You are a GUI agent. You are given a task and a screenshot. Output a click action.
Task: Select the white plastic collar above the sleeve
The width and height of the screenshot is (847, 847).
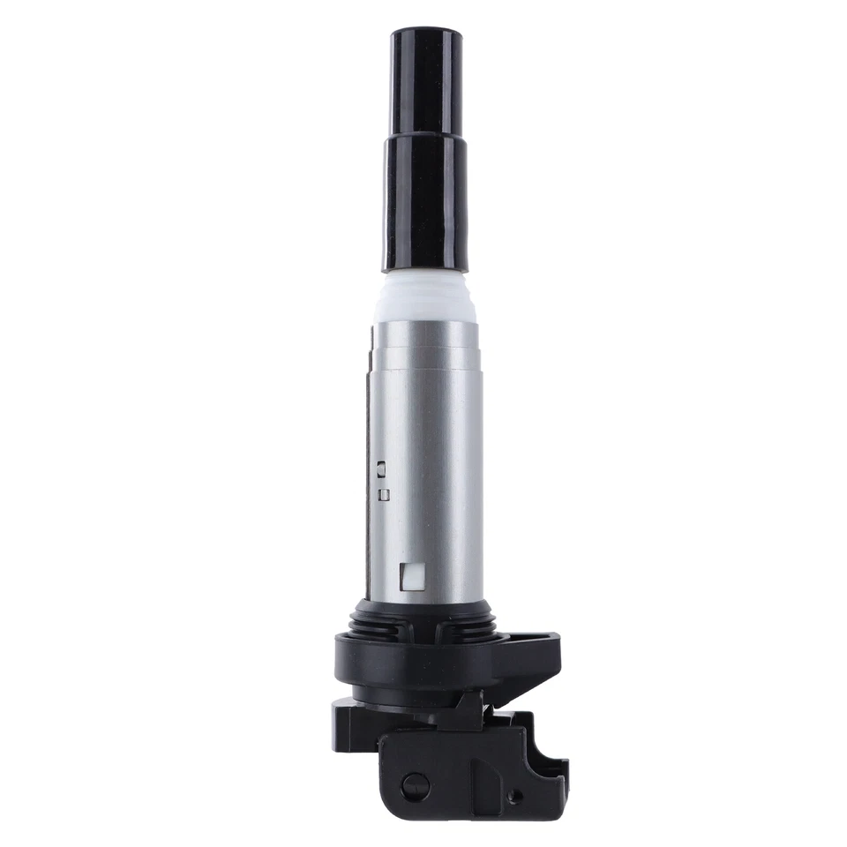[x=425, y=298]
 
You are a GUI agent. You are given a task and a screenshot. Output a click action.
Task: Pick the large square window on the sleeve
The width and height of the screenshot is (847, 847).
[x=411, y=576]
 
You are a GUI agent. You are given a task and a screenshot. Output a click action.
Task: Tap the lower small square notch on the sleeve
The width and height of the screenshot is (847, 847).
[x=383, y=495]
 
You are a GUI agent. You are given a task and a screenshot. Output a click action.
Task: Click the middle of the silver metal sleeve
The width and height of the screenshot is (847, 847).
[x=428, y=459]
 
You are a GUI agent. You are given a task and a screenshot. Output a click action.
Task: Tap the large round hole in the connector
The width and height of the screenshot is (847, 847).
[x=414, y=785]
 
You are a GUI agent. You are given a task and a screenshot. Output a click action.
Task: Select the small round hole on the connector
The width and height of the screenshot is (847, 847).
[x=515, y=796]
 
